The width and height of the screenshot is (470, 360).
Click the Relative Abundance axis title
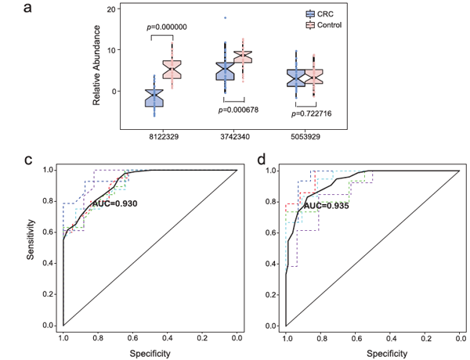point(98,65)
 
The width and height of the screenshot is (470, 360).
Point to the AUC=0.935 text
point(325,206)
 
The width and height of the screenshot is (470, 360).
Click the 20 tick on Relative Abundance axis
point(112,9)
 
